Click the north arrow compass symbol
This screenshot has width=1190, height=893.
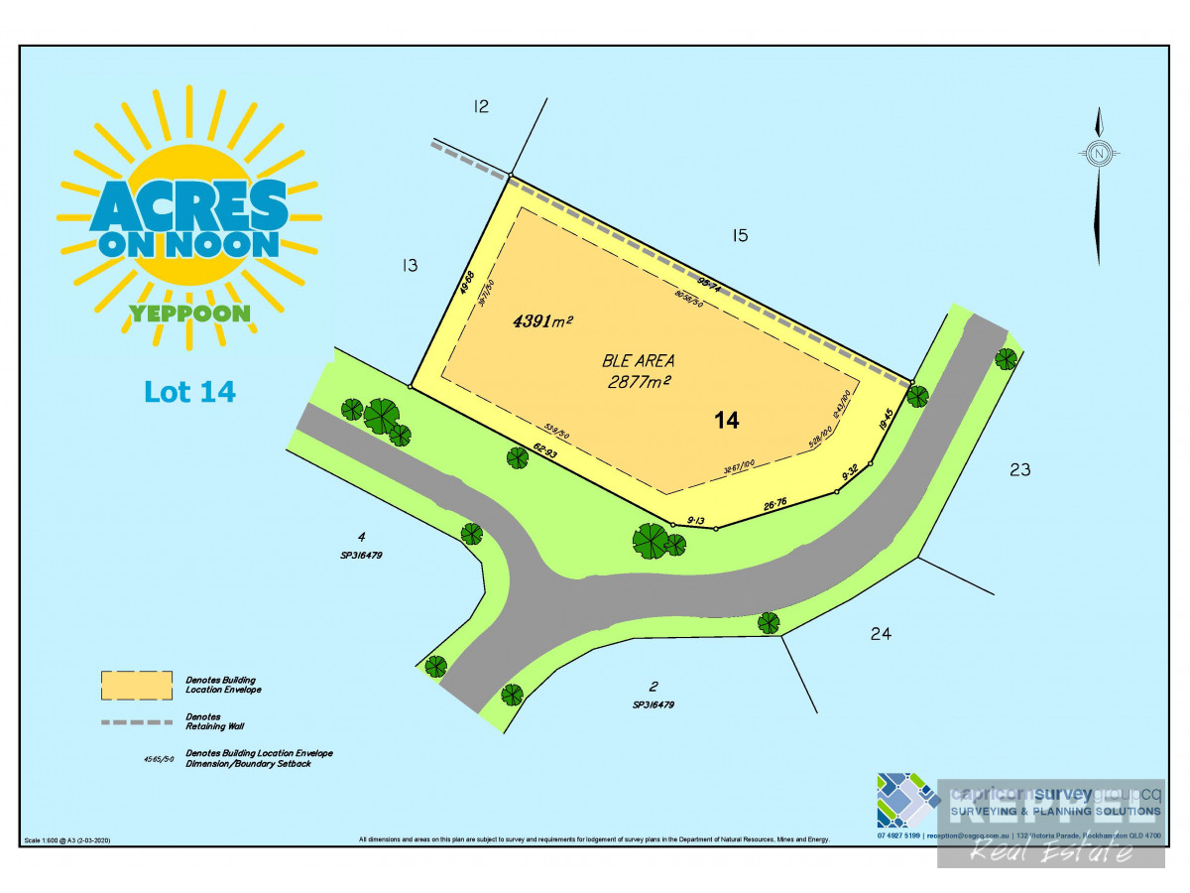point(1099,154)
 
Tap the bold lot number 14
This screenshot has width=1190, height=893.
point(727,421)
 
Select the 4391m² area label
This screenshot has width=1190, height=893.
point(543,321)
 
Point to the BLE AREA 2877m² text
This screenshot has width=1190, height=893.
point(639,370)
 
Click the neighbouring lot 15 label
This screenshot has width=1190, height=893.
point(739,236)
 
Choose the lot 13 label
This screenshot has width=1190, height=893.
point(409,266)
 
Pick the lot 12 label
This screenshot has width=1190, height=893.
point(481,106)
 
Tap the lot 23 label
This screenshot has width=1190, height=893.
point(1019,470)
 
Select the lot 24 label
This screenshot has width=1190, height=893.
point(880,633)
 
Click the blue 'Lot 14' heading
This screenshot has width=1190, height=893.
point(190,391)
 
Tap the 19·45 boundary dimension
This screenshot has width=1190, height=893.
point(886,421)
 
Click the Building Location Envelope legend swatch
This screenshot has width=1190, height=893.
point(136,684)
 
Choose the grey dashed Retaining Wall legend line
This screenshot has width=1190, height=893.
point(136,721)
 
